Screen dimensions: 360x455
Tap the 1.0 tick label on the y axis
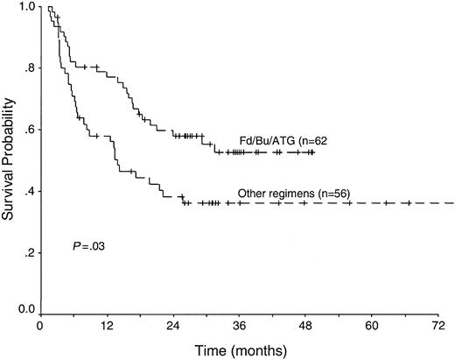26,7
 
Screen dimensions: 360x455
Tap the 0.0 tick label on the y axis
26,310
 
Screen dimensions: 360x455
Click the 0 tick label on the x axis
40,325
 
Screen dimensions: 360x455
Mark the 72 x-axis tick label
437,325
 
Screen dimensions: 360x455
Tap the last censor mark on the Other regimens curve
408,203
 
